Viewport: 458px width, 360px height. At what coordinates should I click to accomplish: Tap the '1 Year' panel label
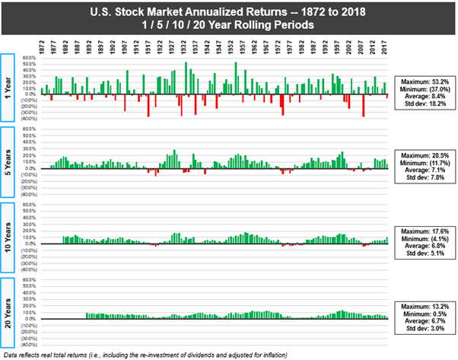pyautogui.click(x=7, y=88)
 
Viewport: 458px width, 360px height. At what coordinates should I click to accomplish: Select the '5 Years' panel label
pyautogui.click(x=7, y=161)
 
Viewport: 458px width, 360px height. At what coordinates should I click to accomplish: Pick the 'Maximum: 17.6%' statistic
pyautogui.click(x=425, y=230)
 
